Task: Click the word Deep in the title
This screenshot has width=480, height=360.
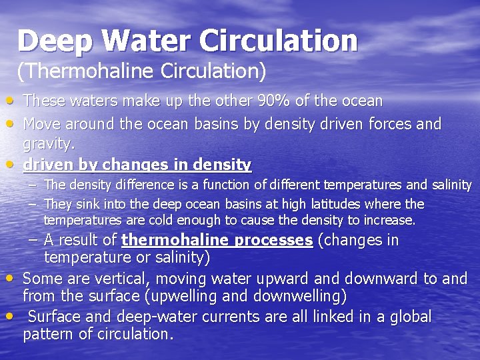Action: [55, 41]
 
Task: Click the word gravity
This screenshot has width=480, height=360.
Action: [48, 143]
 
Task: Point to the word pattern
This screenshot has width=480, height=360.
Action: [47, 334]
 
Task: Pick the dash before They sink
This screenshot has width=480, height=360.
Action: [31, 204]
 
